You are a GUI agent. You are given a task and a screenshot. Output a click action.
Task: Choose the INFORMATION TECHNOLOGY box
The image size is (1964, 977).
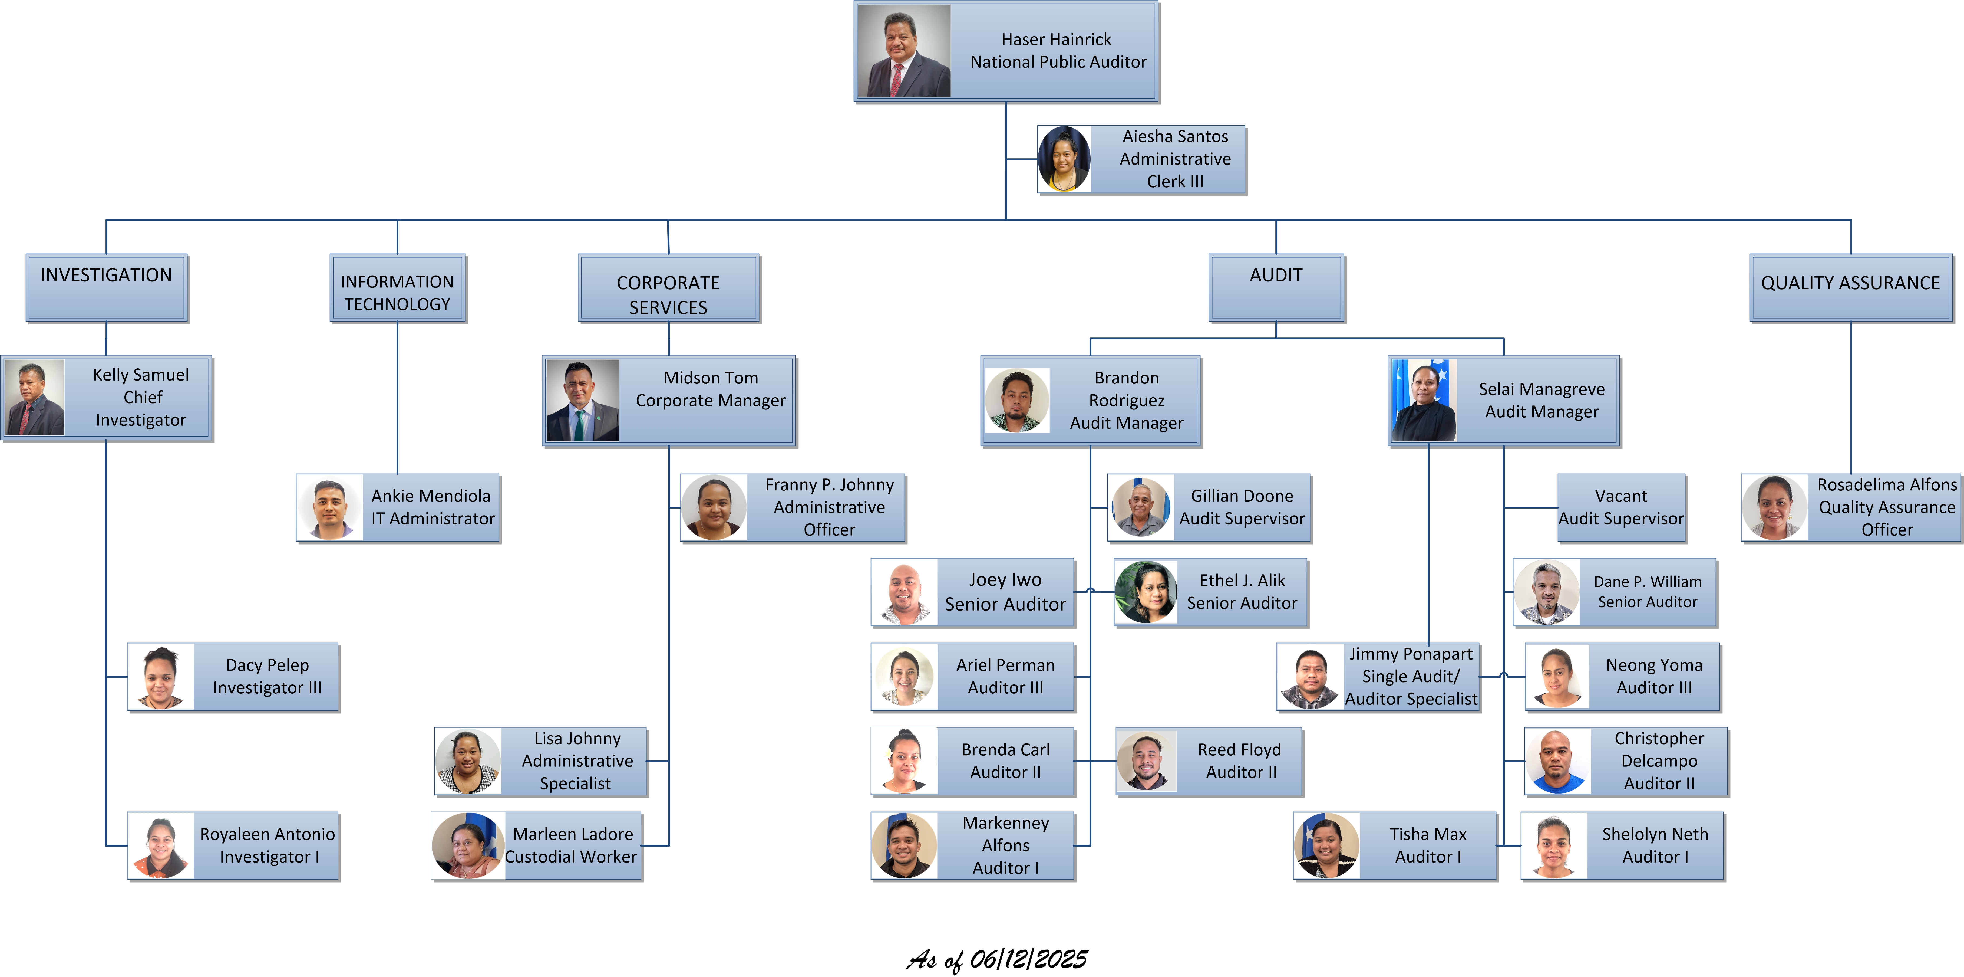click(x=397, y=288)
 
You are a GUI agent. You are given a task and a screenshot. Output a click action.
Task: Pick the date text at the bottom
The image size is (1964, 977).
click(x=997, y=959)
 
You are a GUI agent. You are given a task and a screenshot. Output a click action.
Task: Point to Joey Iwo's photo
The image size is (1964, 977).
click(x=905, y=593)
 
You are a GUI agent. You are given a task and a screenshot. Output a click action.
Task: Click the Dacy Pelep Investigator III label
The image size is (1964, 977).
click(x=267, y=677)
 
